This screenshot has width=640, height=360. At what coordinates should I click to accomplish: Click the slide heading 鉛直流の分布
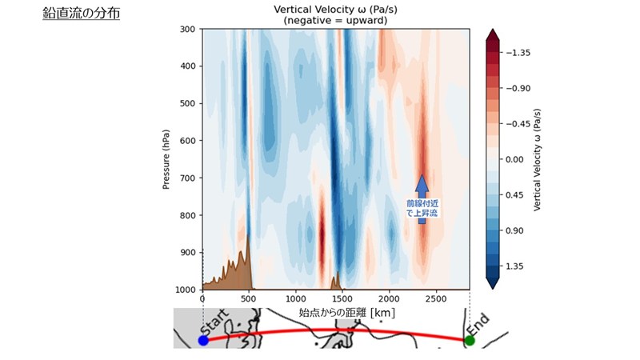click(82, 14)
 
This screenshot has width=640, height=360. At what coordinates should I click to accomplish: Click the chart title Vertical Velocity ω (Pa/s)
click(335, 9)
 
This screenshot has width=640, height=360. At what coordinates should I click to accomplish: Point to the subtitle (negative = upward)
click(335, 20)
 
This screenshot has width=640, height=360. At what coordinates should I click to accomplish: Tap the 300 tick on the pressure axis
click(188, 30)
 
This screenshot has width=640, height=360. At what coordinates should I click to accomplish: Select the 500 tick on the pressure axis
click(188, 104)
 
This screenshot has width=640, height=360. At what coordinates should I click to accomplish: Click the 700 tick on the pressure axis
click(188, 178)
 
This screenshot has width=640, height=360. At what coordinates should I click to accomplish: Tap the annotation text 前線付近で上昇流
click(422, 209)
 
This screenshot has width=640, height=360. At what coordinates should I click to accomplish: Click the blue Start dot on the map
click(203, 341)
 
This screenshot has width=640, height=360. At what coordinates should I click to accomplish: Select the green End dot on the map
click(470, 341)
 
